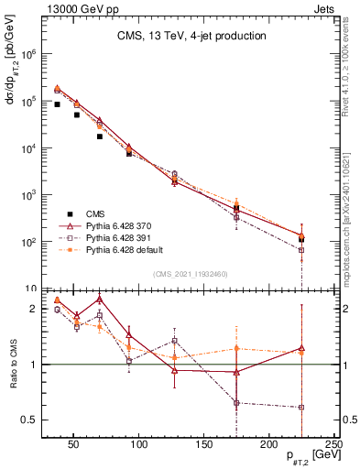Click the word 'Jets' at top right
(x=324, y=7)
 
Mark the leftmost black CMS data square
(x=57, y=104)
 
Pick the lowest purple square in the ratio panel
(x=301, y=408)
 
